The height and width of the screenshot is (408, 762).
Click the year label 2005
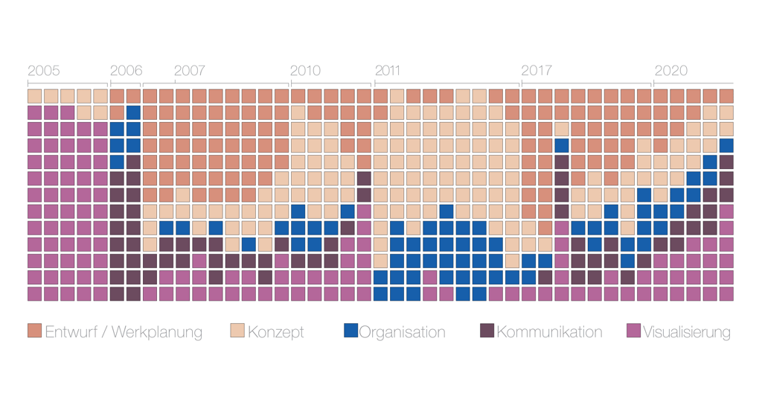click(x=44, y=71)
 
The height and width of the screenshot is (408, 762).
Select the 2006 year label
click(x=126, y=71)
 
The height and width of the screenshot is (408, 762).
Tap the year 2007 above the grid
click(x=190, y=71)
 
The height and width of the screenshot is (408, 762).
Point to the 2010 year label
click(x=305, y=71)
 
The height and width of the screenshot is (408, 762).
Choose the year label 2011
click(x=388, y=71)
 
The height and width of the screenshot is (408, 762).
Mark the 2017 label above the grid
click(x=536, y=71)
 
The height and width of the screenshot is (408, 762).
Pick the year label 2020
click(x=670, y=71)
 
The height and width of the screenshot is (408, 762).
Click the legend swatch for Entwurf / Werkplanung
click(x=34, y=331)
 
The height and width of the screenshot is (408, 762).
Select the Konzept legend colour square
click(x=237, y=331)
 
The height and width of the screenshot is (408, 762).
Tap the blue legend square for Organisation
click(x=351, y=331)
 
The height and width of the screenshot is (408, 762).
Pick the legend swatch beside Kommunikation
click(x=487, y=331)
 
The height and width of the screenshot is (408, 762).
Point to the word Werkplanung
click(x=157, y=333)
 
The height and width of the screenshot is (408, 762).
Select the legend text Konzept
click(x=276, y=333)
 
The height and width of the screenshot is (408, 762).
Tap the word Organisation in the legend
click(x=403, y=333)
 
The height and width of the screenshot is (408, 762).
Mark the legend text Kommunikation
click(x=549, y=332)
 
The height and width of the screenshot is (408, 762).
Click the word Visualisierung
click(x=687, y=333)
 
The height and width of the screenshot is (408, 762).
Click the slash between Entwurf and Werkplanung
click(x=103, y=332)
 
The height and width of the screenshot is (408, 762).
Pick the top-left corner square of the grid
click(x=34, y=96)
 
